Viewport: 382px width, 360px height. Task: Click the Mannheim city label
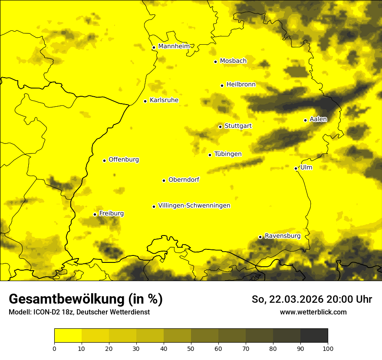click(x=174, y=46)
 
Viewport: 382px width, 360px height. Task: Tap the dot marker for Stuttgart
click(x=220, y=127)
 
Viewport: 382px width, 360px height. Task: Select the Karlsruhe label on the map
click(x=164, y=100)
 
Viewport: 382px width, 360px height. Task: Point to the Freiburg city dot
click(x=95, y=214)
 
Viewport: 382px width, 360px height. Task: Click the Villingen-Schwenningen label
click(x=194, y=206)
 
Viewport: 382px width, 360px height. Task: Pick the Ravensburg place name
click(x=283, y=236)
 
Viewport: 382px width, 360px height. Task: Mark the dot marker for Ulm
click(x=296, y=168)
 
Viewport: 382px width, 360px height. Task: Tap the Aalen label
click(x=318, y=119)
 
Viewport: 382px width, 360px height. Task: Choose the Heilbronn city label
click(x=241, y=85)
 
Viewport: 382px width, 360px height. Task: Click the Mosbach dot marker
click(x=215, y=62)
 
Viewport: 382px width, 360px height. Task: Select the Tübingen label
click(x=228, y=154)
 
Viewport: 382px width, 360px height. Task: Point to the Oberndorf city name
click(x=184, y=180)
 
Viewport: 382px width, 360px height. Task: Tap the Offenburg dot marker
click(x=104, y=160)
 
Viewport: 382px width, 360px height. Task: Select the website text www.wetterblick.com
click(x=313, y=312)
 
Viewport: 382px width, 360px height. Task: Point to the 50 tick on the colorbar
click(x=191, y=348)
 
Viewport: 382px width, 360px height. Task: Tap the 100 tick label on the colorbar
click(x=328, y=348)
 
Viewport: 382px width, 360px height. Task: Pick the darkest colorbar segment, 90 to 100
click(x=314, y=335)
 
